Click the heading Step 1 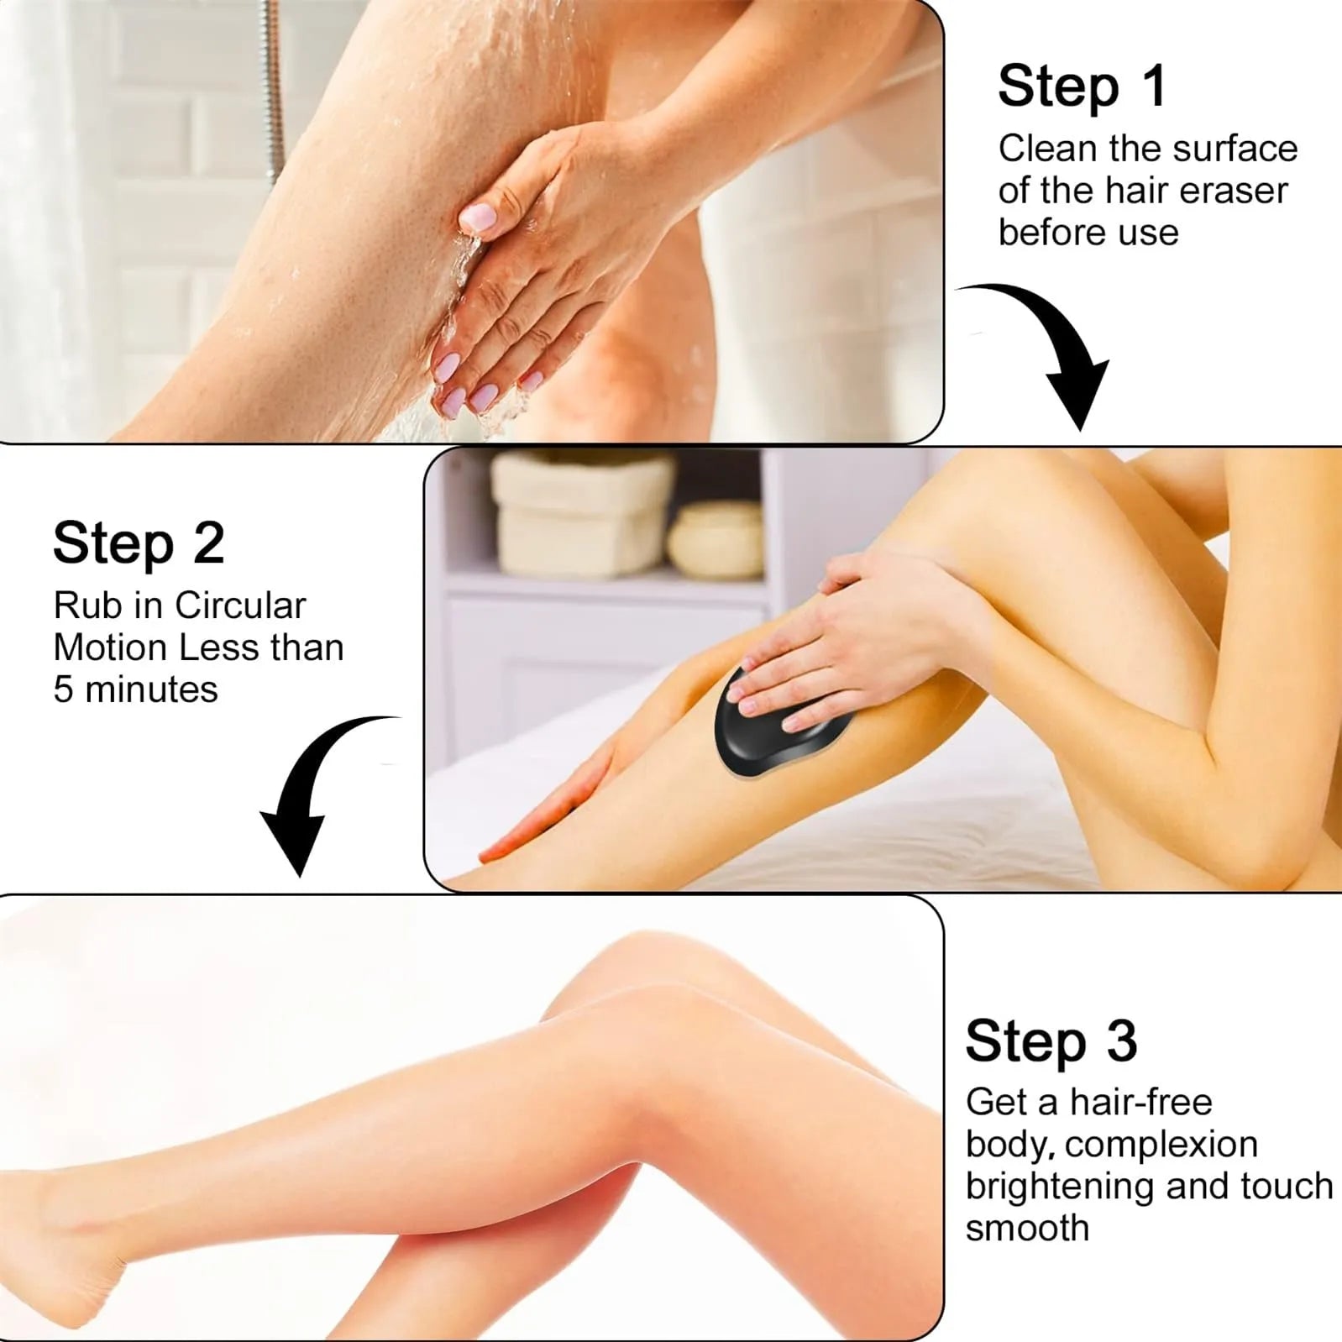click(1082, 86)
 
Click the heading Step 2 click(139, 543)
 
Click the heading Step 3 click(1051, 1041)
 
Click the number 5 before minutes click(63, 690)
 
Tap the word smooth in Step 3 click(1027, 1229)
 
